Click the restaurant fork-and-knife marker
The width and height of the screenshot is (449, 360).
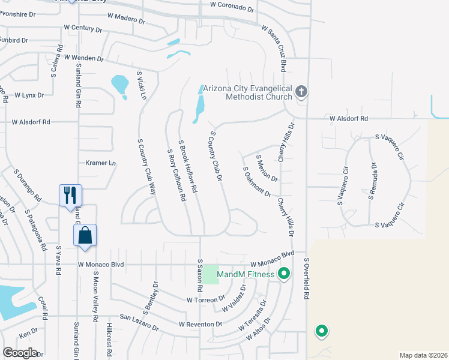point(70,195)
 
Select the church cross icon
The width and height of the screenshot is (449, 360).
point(301,92)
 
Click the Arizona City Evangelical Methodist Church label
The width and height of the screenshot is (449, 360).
point(247,93)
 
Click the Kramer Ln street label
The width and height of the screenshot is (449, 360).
point(100,163)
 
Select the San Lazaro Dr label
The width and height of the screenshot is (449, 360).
point(139,323)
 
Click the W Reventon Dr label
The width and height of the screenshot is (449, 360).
point(200,324)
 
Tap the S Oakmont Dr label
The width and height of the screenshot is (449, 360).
point(257,182)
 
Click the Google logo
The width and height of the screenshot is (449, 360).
point(20,353)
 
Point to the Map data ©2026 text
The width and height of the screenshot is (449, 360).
point(423,355)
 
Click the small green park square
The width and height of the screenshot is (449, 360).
point(211,274)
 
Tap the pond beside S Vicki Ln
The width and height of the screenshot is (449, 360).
point(120,84)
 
